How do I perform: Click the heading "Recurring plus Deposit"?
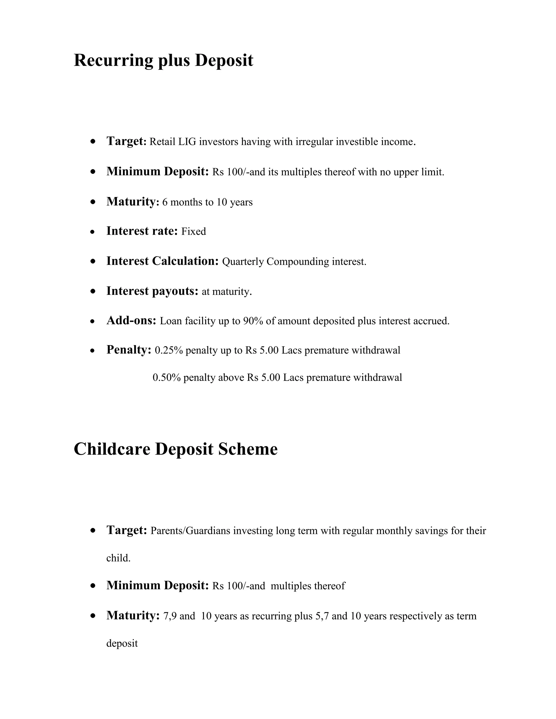click(x=163, y=61)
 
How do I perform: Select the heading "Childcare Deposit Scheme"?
click(x=176, y=449)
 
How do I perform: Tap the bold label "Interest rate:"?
click(x=142, y=231)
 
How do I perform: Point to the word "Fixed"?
click(x=194, y=232)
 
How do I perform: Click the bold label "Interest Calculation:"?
click(x=162, y=261)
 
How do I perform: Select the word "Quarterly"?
click(x=243, y=262)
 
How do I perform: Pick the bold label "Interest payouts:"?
click(x=152, y=291)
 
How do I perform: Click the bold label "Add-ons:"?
click(x=131, y=321)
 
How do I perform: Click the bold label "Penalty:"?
click(x=129, y=350)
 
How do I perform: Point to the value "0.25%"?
click(x=169, y=351)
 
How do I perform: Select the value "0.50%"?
click(x=167, y=378)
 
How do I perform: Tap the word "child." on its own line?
click(x=118, y=558)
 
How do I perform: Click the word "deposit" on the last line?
click(x=122, y=643)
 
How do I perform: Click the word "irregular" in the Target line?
click(x=314, y=142)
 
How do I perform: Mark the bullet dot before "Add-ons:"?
click(x=93, y=321)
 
